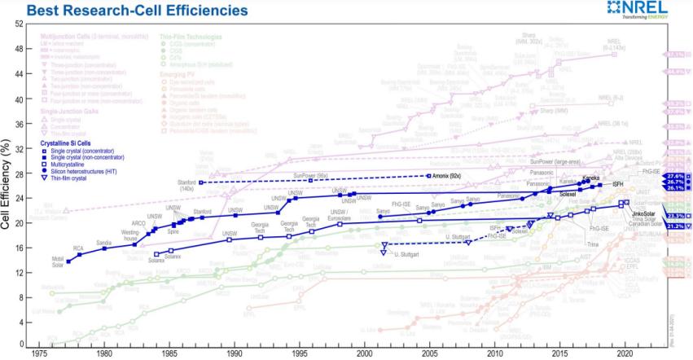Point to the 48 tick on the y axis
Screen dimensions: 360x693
click(18, 49)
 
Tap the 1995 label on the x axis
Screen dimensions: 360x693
click(299, 355)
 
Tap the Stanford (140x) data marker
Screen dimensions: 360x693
click(200, 182)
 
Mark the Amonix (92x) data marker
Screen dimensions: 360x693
click(429, 176)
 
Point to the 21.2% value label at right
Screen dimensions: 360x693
click(675, 226)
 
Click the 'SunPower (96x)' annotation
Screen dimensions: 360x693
click(310, 174)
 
